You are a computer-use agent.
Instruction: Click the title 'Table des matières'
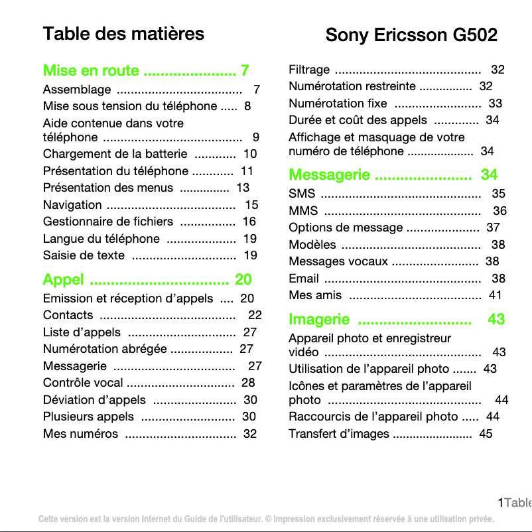[123, 33]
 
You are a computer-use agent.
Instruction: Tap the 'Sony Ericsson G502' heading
[411, 34]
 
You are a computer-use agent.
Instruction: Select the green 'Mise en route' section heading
[91, 71]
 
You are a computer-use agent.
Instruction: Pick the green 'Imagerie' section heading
[319, 319]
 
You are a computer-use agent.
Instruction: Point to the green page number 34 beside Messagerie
[489, 175]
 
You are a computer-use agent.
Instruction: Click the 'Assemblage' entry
[77, 90]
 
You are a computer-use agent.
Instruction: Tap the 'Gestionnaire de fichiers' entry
[107, 222]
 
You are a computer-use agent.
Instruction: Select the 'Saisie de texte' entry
[84, 255]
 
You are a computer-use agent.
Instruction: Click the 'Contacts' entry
[68, 315]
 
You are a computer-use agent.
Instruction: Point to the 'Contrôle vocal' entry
[83, 383]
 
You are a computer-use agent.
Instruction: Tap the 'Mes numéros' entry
[80, 434]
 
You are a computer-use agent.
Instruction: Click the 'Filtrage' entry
[309, 70]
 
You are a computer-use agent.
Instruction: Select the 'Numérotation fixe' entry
[338, 103]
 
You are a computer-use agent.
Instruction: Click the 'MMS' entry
[303, 211]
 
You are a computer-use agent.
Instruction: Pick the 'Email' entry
[304, 279]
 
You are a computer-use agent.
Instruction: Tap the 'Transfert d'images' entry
[339, 434]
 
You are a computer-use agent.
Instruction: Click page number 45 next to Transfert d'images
[486, 434]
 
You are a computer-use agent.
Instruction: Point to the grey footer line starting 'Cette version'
[266, 519]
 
